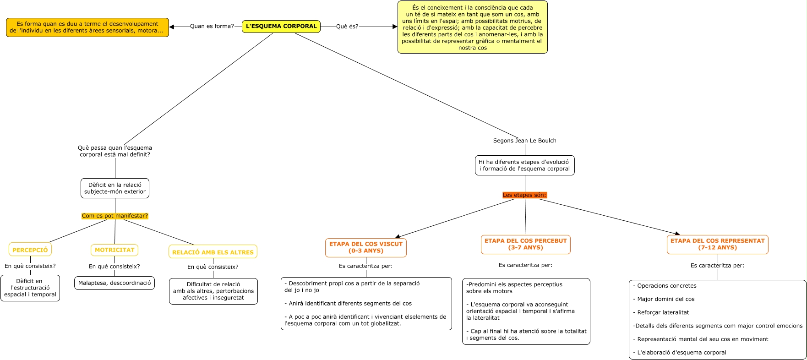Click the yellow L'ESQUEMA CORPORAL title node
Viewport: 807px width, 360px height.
click(x=281, y=27)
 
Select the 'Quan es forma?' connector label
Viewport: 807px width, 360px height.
click(x=212, y=27)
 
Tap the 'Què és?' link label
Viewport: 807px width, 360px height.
click(x=347, y=27)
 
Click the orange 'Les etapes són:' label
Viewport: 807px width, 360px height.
click(x=524, y=195)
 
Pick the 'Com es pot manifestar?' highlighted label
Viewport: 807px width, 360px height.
click(x=115, y=216)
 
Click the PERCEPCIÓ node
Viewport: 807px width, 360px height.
click(x=30, y=250)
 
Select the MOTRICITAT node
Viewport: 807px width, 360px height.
click(x=115, y=250)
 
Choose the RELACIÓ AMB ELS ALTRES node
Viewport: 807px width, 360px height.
click(x=213, y=252)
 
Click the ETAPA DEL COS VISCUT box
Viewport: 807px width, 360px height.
click(x=366, y=247)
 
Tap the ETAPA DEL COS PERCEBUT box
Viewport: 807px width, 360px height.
click(x=526, y=244)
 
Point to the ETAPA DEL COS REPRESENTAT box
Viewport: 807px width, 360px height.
click(x=718, y=244)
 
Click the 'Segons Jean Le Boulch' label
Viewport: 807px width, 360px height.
click(x=525, y=141)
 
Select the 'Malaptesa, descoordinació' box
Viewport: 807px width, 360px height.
click(x=115, y=283)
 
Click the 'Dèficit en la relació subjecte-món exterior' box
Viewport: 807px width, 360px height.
click(x=115, y=188)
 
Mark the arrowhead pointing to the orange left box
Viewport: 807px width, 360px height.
click(x=172, y=27)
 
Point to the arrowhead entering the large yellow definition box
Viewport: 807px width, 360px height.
click(x=395, y=27)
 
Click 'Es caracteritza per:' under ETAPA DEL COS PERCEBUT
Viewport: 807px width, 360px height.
click(x=525, y=265)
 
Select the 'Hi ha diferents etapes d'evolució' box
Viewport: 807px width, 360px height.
click(x=525, y=165)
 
